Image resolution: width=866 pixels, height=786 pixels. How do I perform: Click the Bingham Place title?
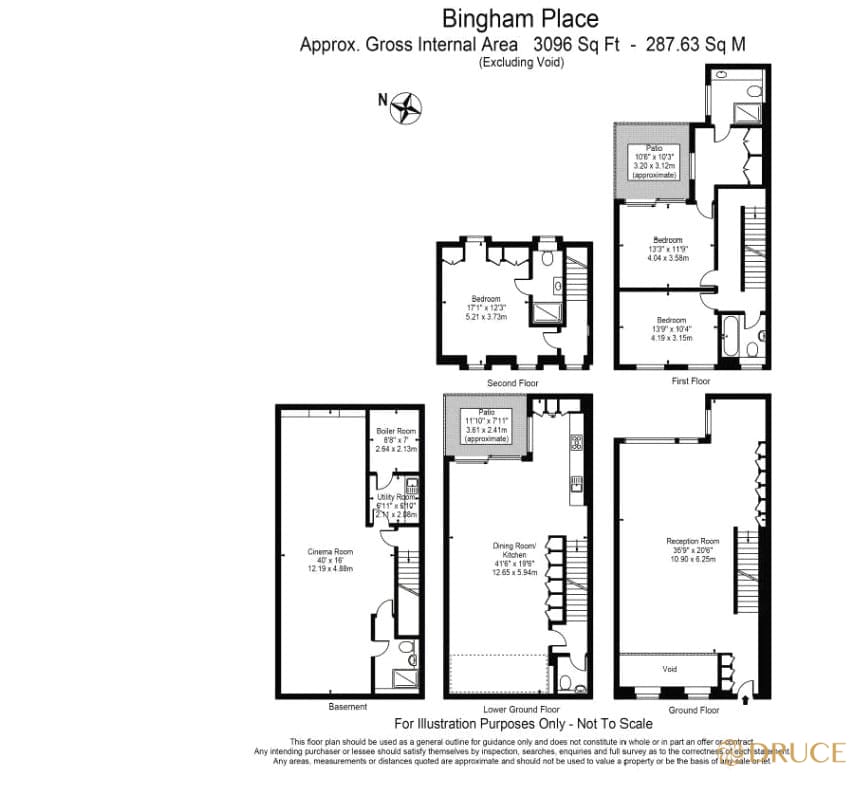point(521,18)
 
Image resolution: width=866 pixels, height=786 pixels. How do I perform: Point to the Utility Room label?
point(396,497)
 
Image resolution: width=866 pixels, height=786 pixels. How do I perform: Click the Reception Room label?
point(693,541)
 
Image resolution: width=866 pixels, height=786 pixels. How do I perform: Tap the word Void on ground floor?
point(670,668)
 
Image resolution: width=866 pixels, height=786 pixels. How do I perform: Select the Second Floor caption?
point(513,383)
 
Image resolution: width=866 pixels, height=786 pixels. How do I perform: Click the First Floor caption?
point(691,381)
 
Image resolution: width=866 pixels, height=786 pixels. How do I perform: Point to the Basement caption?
point(341,707)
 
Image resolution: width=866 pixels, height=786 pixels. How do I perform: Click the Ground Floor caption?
point(694,710)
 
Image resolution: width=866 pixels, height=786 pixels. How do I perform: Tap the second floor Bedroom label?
point(486,299)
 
